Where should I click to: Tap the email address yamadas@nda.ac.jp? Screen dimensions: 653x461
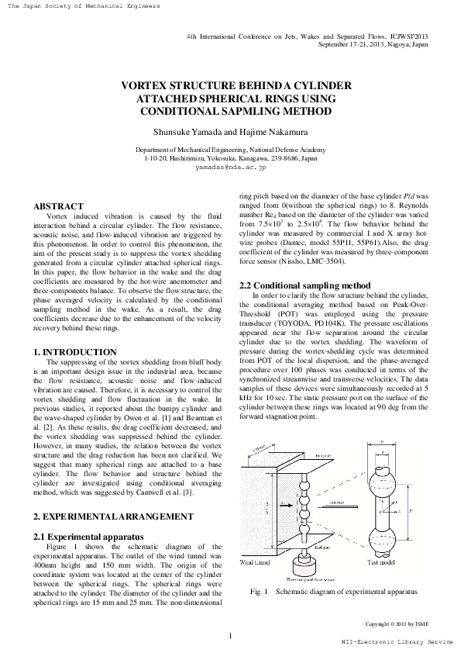(x=230, y=167)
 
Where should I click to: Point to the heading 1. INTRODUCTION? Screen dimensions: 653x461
(x=76, y=352)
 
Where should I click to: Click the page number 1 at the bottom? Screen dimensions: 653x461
(x=230, y=637)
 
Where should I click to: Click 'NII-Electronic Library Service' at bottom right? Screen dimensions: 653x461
(x=397, y=643)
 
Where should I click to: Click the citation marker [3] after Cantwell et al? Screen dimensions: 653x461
(x=199, y=492)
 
